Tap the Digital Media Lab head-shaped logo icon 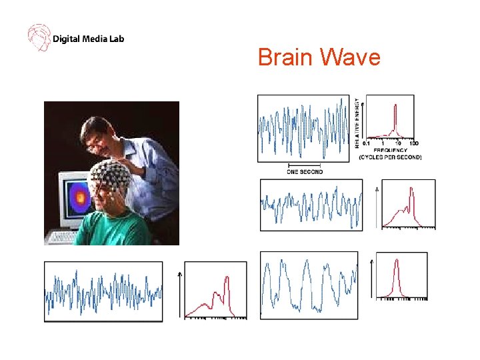coord(39,38)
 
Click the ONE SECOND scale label coord(305,171)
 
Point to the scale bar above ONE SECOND coord(305,165)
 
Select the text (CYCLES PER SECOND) coord(390,157)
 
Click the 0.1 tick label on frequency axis coord(367,143)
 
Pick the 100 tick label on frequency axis coord(413,143)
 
